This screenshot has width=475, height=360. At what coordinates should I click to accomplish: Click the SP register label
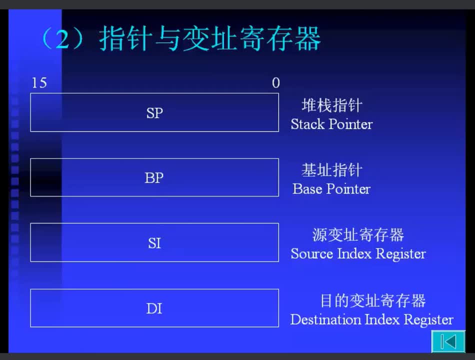click(154, 113)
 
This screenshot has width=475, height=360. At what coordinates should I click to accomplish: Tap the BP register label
click(154, 178)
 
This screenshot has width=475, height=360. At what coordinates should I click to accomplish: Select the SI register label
click(154, 243)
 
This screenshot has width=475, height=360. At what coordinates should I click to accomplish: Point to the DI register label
click(154, 308)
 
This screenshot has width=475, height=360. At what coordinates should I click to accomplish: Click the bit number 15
click(39, 82)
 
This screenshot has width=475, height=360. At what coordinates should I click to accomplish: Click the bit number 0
click(275, 82)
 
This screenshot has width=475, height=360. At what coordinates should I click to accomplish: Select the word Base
click(307, 189)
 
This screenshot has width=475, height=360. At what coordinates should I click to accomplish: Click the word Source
click(311, 253)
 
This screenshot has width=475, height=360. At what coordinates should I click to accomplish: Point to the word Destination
click(325, 319)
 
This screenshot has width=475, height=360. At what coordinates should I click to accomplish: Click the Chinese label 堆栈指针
click(332, 105)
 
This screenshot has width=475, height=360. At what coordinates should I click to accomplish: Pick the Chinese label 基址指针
click(332, 170)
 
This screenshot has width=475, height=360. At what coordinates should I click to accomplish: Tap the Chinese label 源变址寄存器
click(358, 235)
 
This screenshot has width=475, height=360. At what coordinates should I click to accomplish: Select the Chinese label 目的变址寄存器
click(373, 300)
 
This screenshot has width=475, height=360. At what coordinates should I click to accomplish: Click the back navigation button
click(448, 341)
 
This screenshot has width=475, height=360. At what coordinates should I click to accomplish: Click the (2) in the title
click(62, 39)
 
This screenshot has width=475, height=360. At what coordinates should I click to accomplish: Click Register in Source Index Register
click(401, 254)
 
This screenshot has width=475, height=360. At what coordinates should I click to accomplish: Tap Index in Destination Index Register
click(382, 319)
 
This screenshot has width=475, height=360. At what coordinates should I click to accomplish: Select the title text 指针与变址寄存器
click(209, 39)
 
